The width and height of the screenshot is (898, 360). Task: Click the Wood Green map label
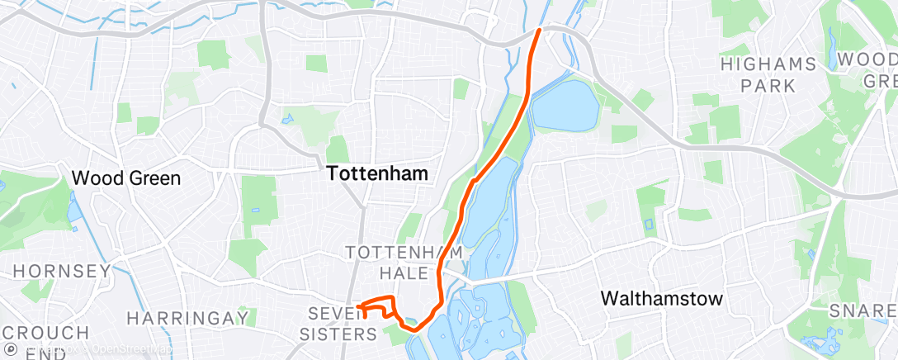click(126, 178)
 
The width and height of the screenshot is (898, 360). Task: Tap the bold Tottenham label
click(378, 173)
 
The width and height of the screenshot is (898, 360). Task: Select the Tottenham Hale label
click(390, 261)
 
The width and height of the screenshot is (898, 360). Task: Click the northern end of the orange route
click(540, 30)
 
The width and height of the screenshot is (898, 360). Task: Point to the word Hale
click(403, 272)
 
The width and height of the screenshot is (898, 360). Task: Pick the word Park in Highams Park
click(768, 85)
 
